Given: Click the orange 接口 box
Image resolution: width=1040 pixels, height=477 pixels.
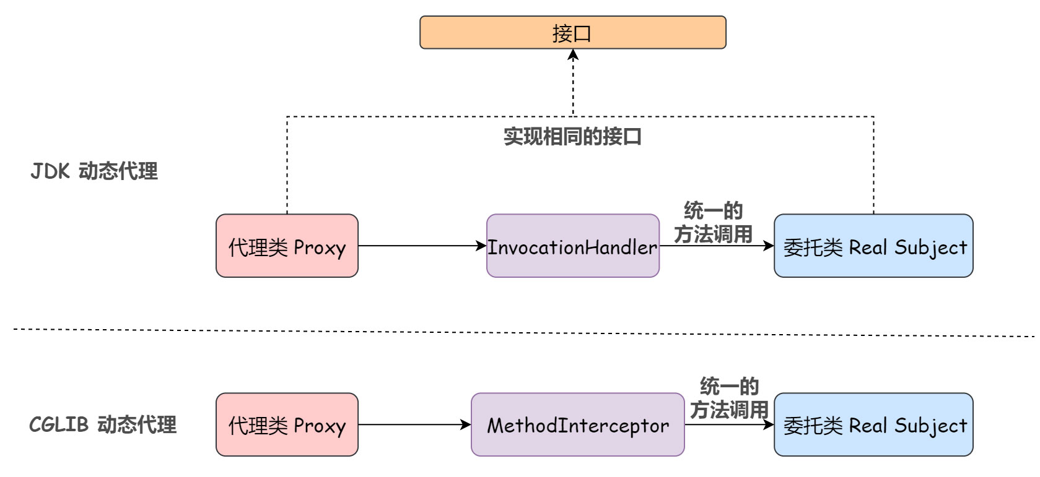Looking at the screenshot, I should pos(572,33).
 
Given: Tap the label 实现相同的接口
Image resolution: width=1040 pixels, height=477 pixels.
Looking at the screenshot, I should pos(572,137).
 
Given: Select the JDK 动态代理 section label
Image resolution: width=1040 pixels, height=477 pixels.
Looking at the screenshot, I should pos(94,171).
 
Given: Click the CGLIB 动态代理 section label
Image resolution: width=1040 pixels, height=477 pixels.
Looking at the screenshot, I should pos(103,424).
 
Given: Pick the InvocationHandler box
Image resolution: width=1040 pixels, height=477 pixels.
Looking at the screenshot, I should pos(572,246).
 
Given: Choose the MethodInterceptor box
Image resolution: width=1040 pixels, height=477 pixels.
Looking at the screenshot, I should pos(577,425).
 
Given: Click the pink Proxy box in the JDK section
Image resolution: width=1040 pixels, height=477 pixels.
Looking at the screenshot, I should pos(287,246).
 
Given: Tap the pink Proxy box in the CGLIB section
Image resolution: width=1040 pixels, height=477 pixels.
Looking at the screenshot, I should pos(287,425).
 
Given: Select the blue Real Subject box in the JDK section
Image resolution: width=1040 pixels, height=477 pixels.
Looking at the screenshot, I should pos(873,246).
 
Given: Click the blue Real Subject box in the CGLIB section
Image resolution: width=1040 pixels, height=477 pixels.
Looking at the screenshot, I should pos(873,425).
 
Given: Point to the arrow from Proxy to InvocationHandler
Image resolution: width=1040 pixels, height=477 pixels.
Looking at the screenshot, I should pos(421,246).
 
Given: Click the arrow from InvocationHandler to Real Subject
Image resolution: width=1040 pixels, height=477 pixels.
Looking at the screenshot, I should pos(717,246).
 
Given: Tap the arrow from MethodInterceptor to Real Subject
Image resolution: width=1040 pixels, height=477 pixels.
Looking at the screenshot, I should pos(729,425).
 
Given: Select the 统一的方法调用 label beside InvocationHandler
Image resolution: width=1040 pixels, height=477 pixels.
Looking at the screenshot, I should pos(713,222).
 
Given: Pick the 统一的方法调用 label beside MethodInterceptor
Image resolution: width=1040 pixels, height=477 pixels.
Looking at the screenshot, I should pos(729,398).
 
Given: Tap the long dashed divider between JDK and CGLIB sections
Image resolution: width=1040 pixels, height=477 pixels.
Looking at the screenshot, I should pos(520,332).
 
